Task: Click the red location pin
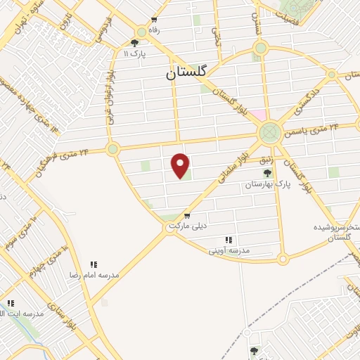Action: (x=181, y=166)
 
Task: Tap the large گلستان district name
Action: (x=188, y=72)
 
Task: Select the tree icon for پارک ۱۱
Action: (x=135, y=43)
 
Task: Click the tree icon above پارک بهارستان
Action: (x=267, y=173)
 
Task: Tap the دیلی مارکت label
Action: (x=186, y=226)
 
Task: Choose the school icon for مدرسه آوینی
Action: (x=228, y=240)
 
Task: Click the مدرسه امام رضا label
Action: (x=94, y=275)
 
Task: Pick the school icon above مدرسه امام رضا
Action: (x=93, y=264)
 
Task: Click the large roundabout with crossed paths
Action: (x=269, y=132)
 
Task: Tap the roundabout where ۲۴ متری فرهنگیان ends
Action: (x=112, y=148)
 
